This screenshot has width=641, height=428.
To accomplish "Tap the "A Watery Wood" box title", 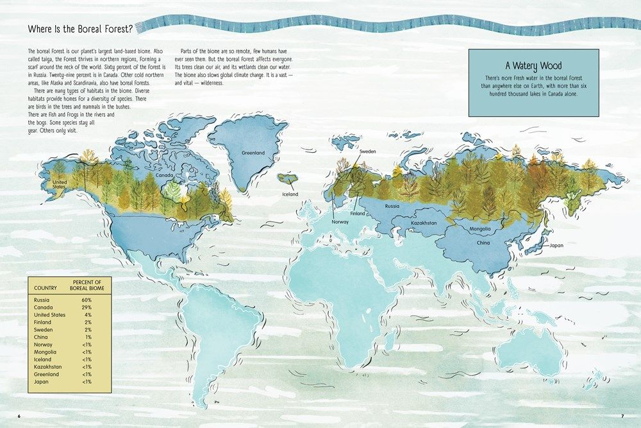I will (x=534, y=65).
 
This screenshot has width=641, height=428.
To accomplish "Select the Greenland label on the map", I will (x=253, y=153).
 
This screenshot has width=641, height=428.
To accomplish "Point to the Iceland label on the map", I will (x=290, y=194).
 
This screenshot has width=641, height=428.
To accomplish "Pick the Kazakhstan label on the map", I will (x=423, y=222).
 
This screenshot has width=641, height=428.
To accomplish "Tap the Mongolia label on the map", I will (x=479, y=228).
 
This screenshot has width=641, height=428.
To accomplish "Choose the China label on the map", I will (x=483, y=243).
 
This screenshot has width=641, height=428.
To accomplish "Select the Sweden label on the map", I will (x=367, y=151).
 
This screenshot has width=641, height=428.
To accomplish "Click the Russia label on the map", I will (x=392, y=207).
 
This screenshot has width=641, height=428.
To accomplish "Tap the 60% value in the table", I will (x=86, y=300).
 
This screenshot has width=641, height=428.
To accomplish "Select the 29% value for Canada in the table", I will (x=86, y=307).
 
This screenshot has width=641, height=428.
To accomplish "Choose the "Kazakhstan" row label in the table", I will (x=46, y=366).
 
